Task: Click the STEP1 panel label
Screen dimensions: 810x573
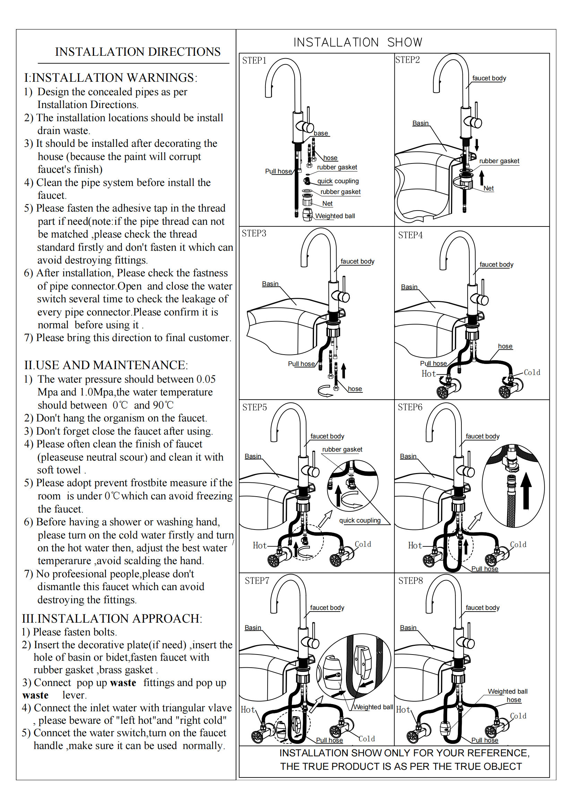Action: click(254, 61)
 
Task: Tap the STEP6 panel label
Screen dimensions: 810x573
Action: click(410, 407)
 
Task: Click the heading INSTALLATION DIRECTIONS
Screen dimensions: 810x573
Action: click(138, 52)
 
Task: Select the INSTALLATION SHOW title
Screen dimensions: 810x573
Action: click(358, 42)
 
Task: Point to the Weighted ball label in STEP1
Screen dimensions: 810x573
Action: click(335, 216)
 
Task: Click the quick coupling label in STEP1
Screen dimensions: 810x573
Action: click(338, 181)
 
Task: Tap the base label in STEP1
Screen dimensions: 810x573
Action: click(321, 133)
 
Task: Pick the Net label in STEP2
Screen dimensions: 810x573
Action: click(488, 188)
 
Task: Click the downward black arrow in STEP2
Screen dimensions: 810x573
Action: click(477, 144)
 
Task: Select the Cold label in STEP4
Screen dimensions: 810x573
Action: click(532, 373)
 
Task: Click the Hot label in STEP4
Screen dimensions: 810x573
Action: click(428, 374)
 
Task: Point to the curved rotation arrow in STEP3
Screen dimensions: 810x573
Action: click(325, 391)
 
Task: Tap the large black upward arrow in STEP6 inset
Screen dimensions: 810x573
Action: click(526, 490)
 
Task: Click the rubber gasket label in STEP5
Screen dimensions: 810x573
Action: click(342, 449)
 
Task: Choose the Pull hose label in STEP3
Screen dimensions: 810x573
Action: click(301, 364)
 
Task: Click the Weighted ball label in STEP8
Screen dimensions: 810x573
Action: click(507, 692)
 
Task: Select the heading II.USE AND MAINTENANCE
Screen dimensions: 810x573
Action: click(106, 365)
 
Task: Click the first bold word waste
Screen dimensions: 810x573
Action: click(123, 683)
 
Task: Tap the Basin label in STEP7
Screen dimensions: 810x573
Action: click(253, 627)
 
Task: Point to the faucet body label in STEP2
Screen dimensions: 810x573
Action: click(489, 78)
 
